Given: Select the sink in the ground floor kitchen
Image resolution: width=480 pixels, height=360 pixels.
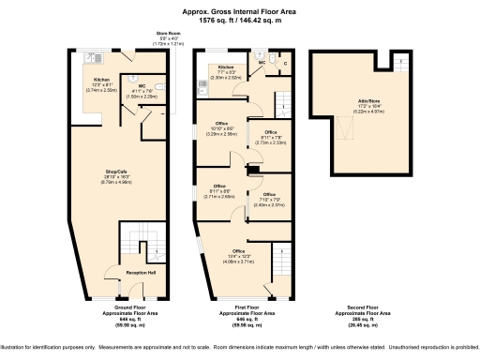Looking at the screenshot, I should coord(91,57).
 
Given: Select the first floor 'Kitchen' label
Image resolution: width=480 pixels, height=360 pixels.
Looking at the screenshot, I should coord(226,67).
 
